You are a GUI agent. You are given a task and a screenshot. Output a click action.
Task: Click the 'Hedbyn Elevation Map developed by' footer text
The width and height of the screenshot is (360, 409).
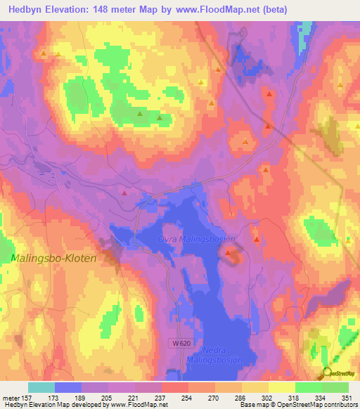[x=56, y=405]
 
